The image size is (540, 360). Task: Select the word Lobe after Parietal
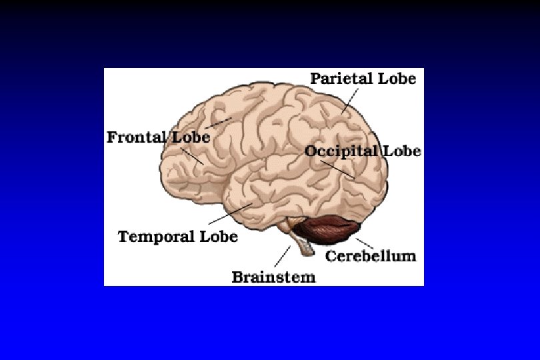(x=397, y=79)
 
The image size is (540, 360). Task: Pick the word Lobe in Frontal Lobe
(x=191, y=137)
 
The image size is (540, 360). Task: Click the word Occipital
(x=341, y=151)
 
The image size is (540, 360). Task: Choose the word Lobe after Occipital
(x=401, y=151)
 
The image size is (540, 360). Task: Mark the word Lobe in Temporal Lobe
(x=219, y=237)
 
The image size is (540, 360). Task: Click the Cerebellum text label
(x=370, y=256)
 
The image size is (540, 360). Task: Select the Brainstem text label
(x=273, y=277)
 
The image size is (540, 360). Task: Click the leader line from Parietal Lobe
(x=351, y=100)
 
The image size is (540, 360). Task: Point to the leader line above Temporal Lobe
(x=230, y=213)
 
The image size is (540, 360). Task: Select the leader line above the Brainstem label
(x=283, y=257)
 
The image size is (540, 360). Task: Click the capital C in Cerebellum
(x=331, y=256)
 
